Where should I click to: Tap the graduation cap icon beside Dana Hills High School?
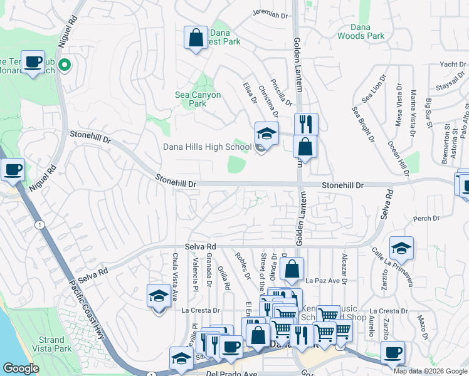[266, 134]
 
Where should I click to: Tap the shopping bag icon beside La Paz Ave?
[292, 269]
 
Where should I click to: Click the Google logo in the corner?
[21, 368]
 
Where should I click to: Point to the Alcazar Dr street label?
[344, 269]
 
